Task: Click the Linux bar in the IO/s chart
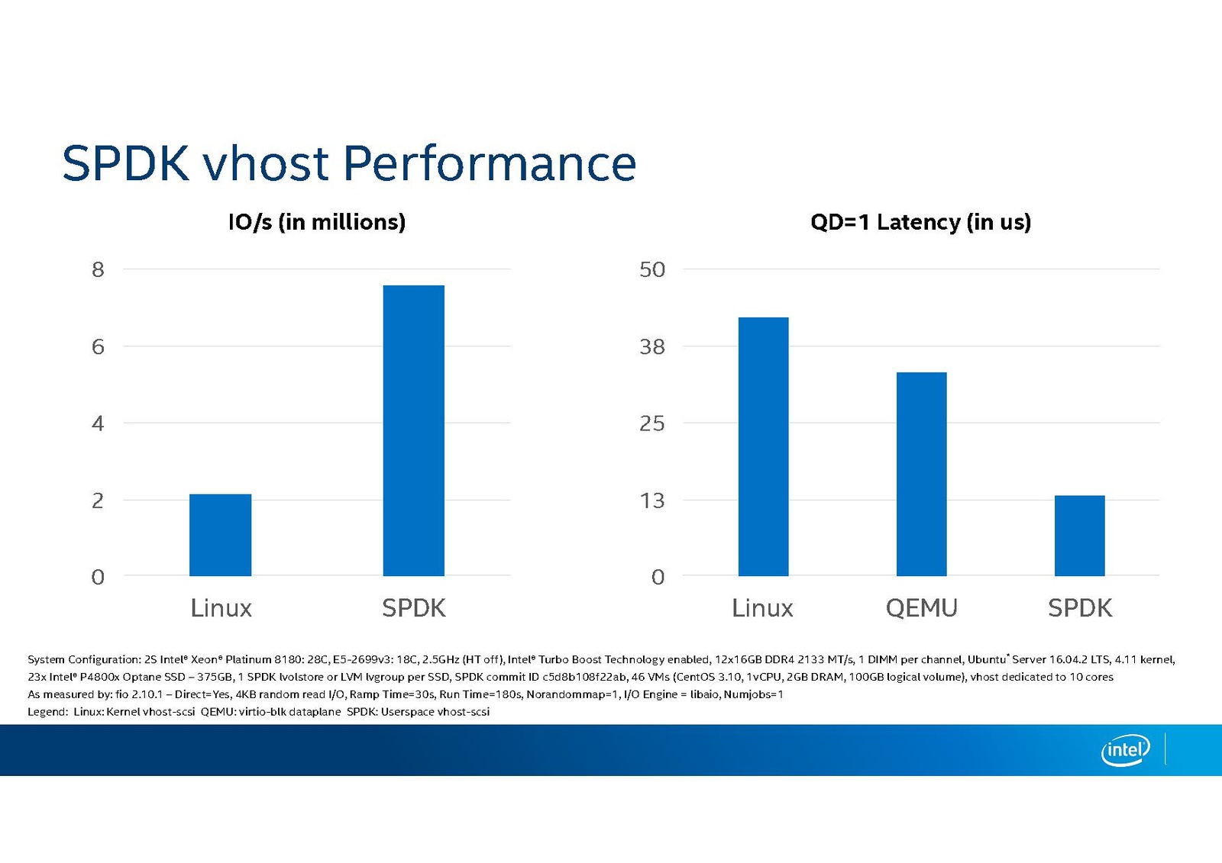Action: [220, 535]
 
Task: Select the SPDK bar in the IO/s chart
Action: [413, 430]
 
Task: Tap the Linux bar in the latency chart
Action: [763, 446]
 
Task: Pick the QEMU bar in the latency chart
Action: [921, 474]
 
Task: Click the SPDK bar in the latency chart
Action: [1079, 536]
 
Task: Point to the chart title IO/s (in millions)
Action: [317, 222]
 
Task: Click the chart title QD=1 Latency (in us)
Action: [920, 222]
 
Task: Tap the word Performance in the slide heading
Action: [490, 163]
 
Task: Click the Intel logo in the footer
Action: [1125, 751]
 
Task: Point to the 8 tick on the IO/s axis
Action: [98, 269]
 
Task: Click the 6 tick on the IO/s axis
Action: [98, 347]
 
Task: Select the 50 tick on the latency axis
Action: [652, 269]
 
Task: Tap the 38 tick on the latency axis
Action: [652, 347]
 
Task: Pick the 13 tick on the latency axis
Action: [652, 501]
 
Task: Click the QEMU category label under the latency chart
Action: [921, 608]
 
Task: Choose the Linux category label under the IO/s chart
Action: [221, 608]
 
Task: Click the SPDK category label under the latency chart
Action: [1079, 608]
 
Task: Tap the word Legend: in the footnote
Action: [47, 712]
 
